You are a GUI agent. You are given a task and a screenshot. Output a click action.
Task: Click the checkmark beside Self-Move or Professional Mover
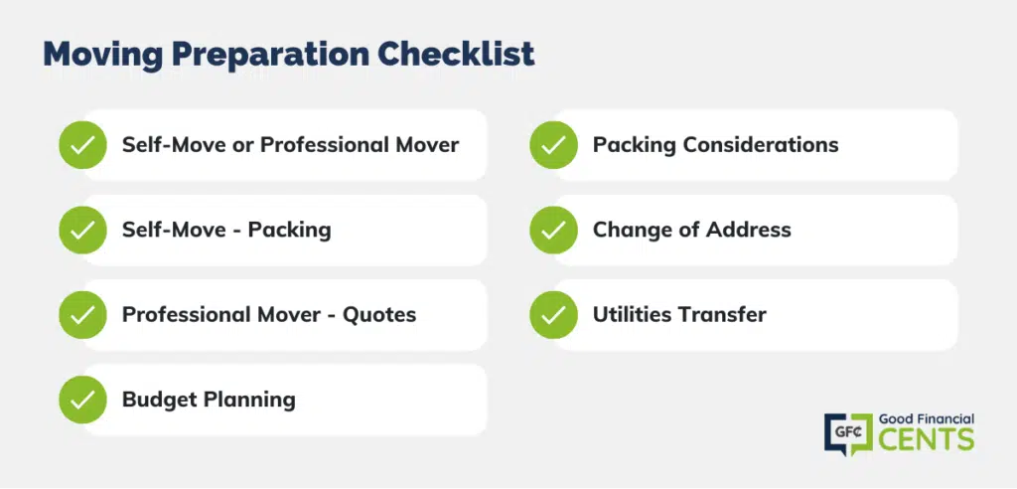tap(82, 145)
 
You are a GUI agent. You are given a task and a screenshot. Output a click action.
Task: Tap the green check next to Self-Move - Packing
tap(82, 230)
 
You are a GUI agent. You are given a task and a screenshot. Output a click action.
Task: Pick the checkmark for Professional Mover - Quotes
tap(82, 315)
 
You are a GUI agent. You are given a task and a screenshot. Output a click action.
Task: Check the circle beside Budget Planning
tap(82, 400)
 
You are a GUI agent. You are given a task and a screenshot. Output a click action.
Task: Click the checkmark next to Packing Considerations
tap(553, 145)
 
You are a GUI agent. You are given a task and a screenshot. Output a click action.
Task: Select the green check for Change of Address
tap(553, 230)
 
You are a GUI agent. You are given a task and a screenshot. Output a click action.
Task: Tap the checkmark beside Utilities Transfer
tap(553, 315)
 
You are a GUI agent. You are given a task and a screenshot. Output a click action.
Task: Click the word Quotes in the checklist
tap(379, 315)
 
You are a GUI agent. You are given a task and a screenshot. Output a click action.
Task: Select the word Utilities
tap(633, 315)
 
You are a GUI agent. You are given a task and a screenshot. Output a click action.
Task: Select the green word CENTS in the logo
tap(927, 439)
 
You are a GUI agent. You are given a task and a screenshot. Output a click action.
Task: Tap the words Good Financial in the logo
tap(927, 419)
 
